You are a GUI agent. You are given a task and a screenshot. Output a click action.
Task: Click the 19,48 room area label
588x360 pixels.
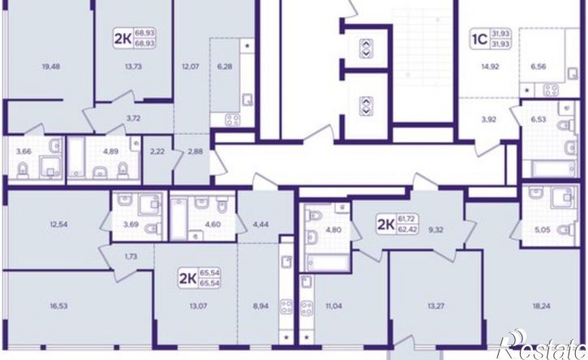51,67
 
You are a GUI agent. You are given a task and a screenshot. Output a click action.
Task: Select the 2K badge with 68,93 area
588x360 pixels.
135,39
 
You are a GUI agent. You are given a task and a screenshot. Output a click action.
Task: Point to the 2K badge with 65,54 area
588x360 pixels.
200,277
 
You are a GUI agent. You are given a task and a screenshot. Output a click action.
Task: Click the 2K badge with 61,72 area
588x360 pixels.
398,224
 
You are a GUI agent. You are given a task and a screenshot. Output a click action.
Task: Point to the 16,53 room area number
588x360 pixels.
59,306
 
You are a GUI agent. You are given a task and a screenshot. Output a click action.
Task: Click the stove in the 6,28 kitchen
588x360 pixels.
233,120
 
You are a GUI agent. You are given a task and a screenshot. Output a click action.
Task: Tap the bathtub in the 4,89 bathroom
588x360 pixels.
76,156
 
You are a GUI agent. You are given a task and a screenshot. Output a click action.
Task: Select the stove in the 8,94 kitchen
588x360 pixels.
287,306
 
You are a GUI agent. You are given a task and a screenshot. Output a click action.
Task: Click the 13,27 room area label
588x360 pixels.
436,306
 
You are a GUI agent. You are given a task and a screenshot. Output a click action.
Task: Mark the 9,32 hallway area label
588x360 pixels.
436,229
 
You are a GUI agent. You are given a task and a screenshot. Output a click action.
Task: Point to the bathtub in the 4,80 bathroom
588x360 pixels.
327,263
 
